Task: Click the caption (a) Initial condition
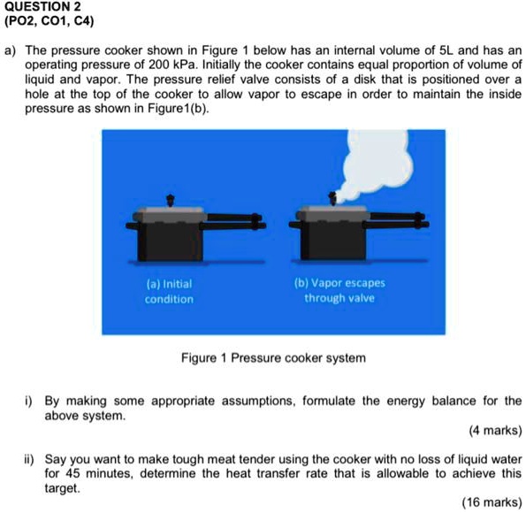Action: pyautogui.click(x=169, y=292)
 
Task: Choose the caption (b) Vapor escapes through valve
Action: pyautogui.click(x=339, y=291)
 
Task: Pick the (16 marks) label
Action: pyautogui.click(x=490, y=502)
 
